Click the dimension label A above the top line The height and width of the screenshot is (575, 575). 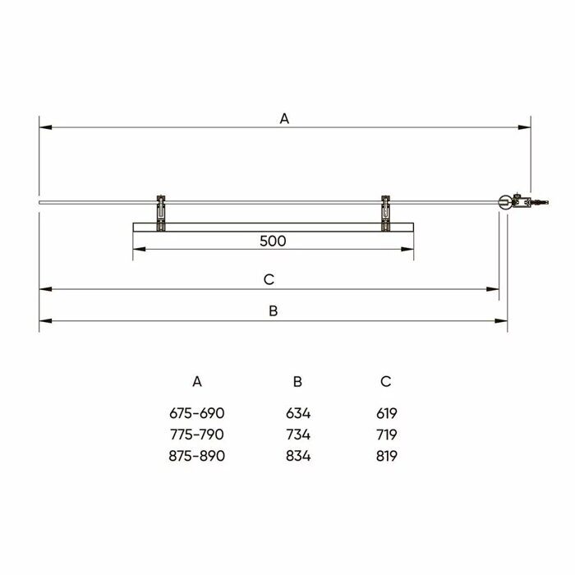pos(284,118)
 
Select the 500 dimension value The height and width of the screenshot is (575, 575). pos(272,241)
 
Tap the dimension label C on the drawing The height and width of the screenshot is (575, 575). pos(268,279)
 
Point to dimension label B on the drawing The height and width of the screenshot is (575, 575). pos(274,310)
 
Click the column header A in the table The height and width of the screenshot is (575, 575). pos(196,381)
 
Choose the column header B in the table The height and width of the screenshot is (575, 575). pos(297,381)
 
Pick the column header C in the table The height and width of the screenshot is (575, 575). pos(385,381)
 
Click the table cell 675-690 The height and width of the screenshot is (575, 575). pos(196,413)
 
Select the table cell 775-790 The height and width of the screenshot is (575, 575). pos(196,435)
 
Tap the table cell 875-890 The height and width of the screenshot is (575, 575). pos(196,456)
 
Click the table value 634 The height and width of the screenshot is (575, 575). pos(297,413)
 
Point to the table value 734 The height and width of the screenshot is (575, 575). pos(297,435)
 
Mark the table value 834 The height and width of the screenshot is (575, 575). pos(297,456)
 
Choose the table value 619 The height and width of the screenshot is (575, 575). pos(385,413)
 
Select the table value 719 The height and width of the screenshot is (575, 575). pos(385,435)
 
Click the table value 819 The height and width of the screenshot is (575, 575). pos(385,456)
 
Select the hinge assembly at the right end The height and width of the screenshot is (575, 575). pos(517,201)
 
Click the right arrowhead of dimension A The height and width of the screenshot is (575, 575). pos(525,127)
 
